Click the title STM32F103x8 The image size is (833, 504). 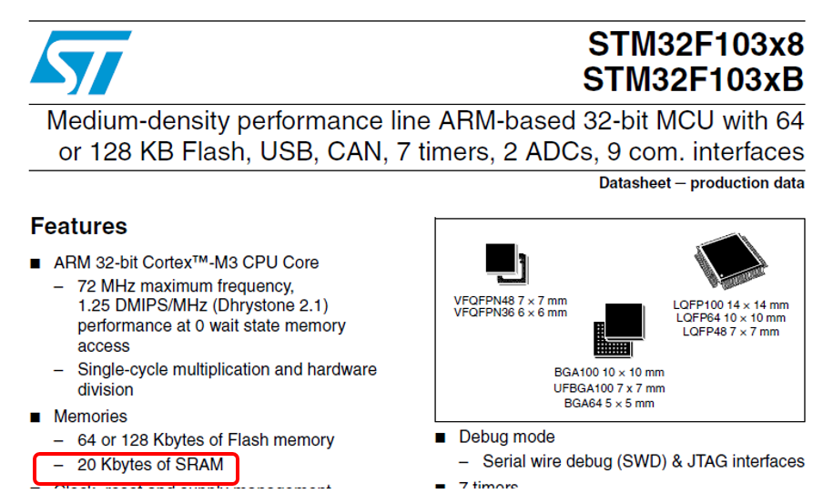click(696, 44)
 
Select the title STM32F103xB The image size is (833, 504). click(694, 79)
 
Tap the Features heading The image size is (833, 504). click(78, 226)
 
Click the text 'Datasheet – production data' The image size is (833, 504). click(701, 183)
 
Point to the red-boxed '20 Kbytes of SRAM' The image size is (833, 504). click(149, 465)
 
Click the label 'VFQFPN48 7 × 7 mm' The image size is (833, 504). click(510, 300)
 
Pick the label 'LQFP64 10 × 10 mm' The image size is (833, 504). click(731, 318)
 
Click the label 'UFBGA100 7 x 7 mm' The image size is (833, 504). click(609, 387)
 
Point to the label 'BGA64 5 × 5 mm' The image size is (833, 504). click(609, 403)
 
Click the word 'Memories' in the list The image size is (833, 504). click(90, 417)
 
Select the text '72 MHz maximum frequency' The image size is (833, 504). click(185, 285)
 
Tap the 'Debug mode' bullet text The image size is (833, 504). click(506, 437)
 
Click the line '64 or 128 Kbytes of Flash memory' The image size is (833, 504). click(206, 441)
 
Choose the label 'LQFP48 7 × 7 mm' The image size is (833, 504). click(731, 332)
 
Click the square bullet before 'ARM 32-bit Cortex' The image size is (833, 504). click(35, 263)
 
